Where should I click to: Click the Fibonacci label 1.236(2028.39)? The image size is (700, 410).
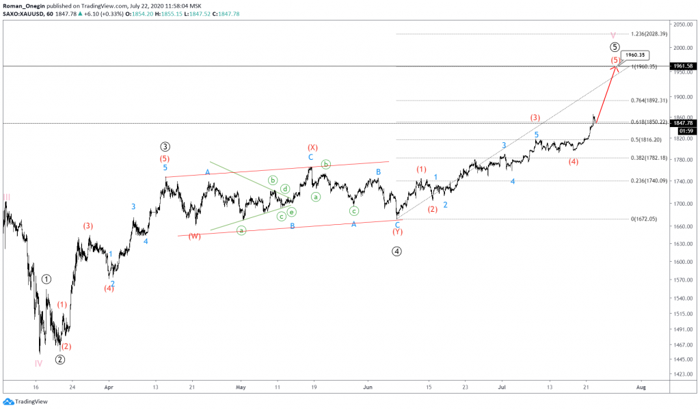(651, 34)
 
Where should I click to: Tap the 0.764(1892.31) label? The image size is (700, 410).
(651, 100)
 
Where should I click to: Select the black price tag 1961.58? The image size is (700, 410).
(684, 66)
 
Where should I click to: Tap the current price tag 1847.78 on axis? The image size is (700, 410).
(684, 123)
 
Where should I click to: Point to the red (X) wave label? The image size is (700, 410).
(312, 147)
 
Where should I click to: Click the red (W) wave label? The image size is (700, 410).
(195, 236)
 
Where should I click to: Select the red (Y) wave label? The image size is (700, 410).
(397, 232)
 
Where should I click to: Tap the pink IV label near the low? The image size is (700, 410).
(39, 363)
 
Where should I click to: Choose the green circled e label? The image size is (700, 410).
(291, 212)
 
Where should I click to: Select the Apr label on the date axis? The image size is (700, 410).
(108, 387)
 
